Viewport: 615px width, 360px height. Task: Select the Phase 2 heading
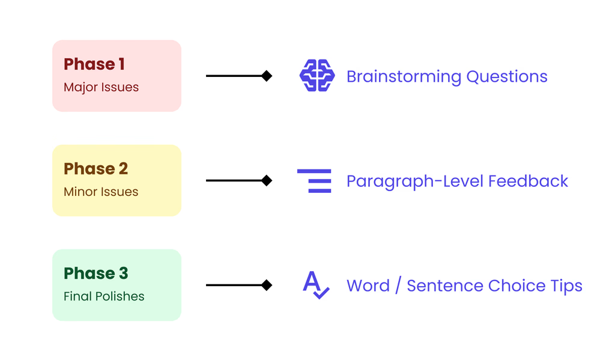(x=95, y=169)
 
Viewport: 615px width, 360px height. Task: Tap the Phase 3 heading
(x=95, y=273)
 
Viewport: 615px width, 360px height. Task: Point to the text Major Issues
(x=101, y=87)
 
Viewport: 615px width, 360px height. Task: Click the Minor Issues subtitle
(x=101, y=192)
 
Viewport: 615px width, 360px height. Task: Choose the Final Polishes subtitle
(x=104, y=296)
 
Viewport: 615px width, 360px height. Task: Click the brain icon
(x=317, y=76)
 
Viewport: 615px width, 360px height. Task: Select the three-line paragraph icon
(x=315, y=180)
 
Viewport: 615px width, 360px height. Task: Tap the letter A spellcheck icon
(x=315, y=285)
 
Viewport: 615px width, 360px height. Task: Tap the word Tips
(x=566, y=286)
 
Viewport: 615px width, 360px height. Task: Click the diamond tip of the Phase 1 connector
(x=267, y=76)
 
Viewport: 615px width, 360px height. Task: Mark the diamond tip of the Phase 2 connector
(x=267, y=180)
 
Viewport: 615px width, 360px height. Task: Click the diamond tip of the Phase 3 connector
(x=267, y=285)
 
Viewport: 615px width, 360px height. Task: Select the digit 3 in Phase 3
(x=123, y=273)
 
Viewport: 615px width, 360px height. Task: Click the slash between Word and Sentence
(x=398, y=285)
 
